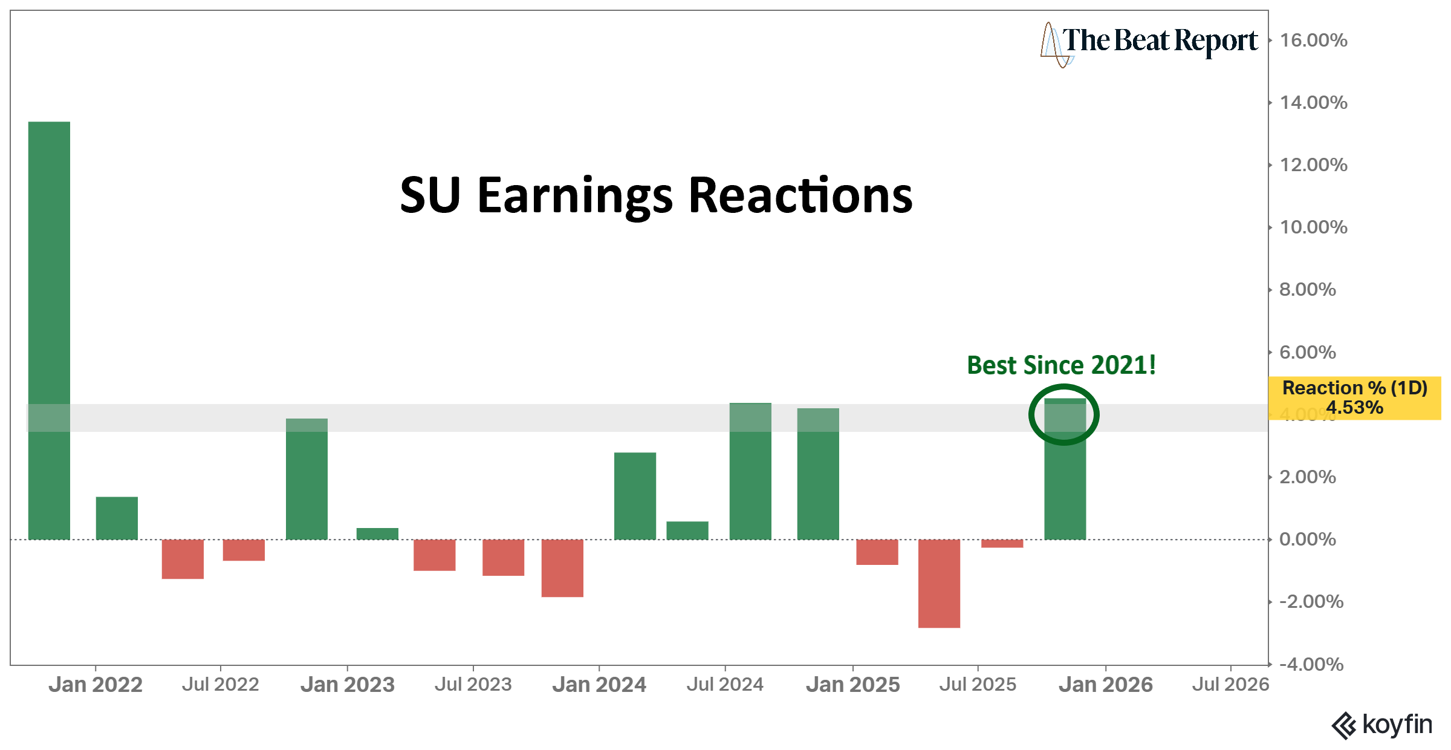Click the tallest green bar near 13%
click(49, 330)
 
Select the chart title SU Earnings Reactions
click(656, 195)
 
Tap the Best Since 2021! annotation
click(1061, 365)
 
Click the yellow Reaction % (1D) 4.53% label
click(1354, 397)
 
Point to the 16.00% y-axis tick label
click(1313, 41)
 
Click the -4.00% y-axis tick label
click(1311, 664)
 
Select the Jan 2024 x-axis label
click(599, 685)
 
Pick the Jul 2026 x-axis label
click(1230, 685)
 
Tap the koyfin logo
click(1382, 725)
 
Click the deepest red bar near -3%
click(939, 583)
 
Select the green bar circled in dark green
click(1065, 469)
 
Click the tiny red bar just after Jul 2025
click(1002, 543)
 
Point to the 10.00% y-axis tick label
click(1313, 227)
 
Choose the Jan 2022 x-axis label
click(96, 685)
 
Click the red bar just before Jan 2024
click(562, 567)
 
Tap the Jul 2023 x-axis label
click(473, 685)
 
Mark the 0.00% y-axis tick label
click(1307, 540)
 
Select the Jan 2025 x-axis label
click(852, 685)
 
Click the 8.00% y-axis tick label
click(1307, 290)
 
